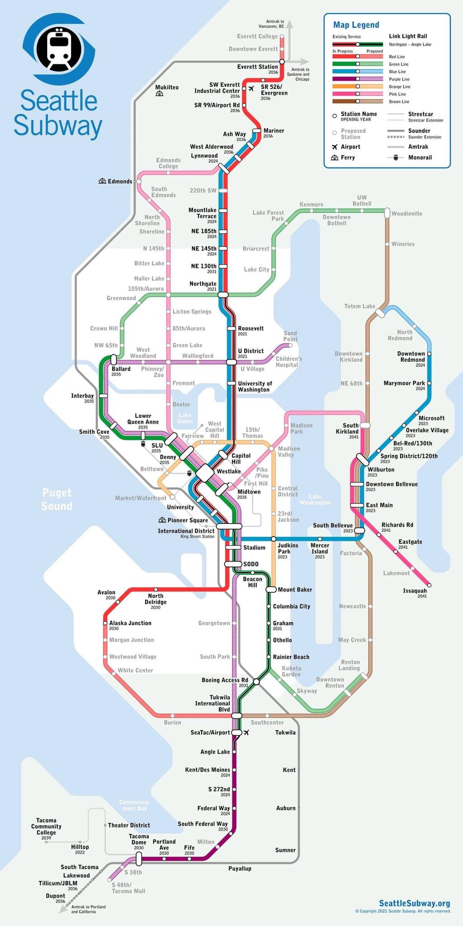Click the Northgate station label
pyautogui.click(x=203, y=284)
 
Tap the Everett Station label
pyautogui.click(x=257, y=67)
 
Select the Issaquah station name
pyautogui.click(x=415, y=591)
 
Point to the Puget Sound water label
pyautogui.click(x=57, y=499)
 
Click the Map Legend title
pyautogui.click(x=356, y=25)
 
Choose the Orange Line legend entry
pyautogui.click(x=400, y=87)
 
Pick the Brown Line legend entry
pyautogui.click(x=399, y=102)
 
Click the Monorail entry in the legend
pyautogui.click(x=420, y=157)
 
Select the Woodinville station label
pyautogui.click(x=406, y=213)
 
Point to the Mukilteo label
pyautogui.click(x=167, y=87)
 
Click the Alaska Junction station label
pyautogui.click(x=130, y=623)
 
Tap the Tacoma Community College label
pyautogui.click(x=46, y=827)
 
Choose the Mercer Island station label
pyautogui.click(x=320, y=548)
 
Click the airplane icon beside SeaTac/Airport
pyautogui.click(x=246, y=732)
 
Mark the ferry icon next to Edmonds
pyautogui.click(x=102, y=181)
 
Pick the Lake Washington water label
pyautogui.click(x=315, y=500)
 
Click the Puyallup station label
pyautogui.click(x=240, y=869)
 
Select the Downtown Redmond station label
pyautogui.click(x=411, y=357)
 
